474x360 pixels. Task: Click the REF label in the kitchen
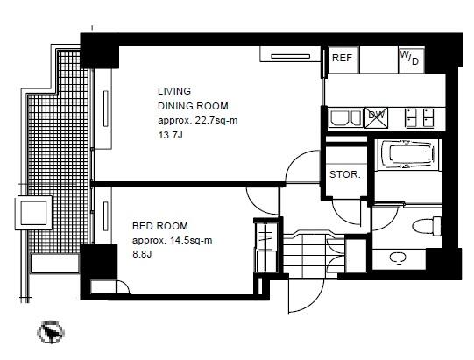(342, 58)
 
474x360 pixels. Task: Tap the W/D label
(409, 58)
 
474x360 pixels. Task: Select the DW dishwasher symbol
(377, 118)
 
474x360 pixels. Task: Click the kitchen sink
(346, 117)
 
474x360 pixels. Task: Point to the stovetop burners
(420, 117)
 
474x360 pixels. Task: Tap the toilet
(426, 226)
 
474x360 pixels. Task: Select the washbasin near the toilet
(397, 258)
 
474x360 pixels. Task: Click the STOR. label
(345, 174)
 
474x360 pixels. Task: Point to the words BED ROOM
(160, 226)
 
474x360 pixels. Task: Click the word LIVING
(174, 91)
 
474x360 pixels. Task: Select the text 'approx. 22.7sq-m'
(198, 121)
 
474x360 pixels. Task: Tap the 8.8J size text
(142, 254)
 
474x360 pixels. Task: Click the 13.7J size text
(171, 135)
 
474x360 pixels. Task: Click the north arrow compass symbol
(51, 332)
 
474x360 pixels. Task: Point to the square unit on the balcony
(34, 213)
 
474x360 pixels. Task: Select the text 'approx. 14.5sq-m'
(173, 241)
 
